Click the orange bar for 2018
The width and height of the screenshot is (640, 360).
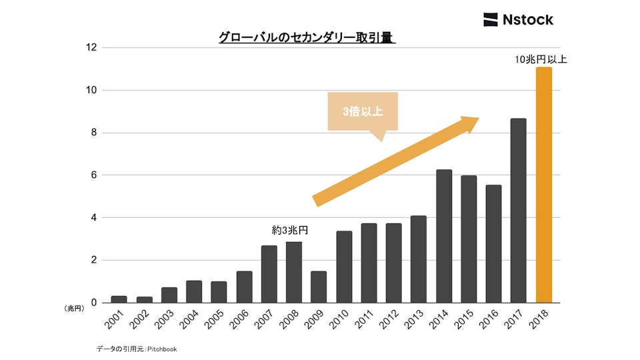543,185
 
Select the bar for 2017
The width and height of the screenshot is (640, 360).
518,211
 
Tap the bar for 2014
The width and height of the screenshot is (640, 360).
444,236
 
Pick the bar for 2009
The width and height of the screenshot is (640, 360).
319,287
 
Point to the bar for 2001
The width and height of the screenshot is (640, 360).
119,299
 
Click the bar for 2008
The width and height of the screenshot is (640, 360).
294,272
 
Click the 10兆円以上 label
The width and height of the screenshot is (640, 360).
541,59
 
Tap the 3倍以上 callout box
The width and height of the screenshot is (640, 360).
363,111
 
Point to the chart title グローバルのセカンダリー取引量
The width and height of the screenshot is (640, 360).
307,38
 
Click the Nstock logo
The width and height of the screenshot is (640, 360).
518,19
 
